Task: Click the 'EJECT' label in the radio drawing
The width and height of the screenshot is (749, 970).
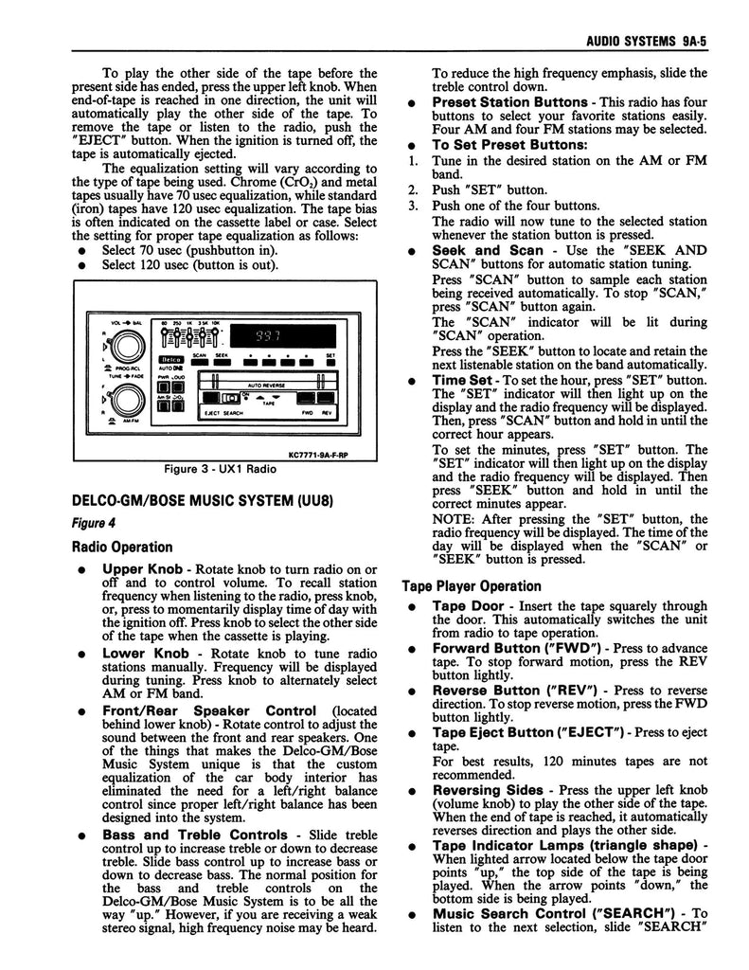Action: pos(206,414)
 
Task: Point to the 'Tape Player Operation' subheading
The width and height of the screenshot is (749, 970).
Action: pos(472,586)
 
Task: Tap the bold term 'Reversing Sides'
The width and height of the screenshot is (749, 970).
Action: pos(488,790)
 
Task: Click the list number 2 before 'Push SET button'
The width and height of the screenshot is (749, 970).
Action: pos(413,189)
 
